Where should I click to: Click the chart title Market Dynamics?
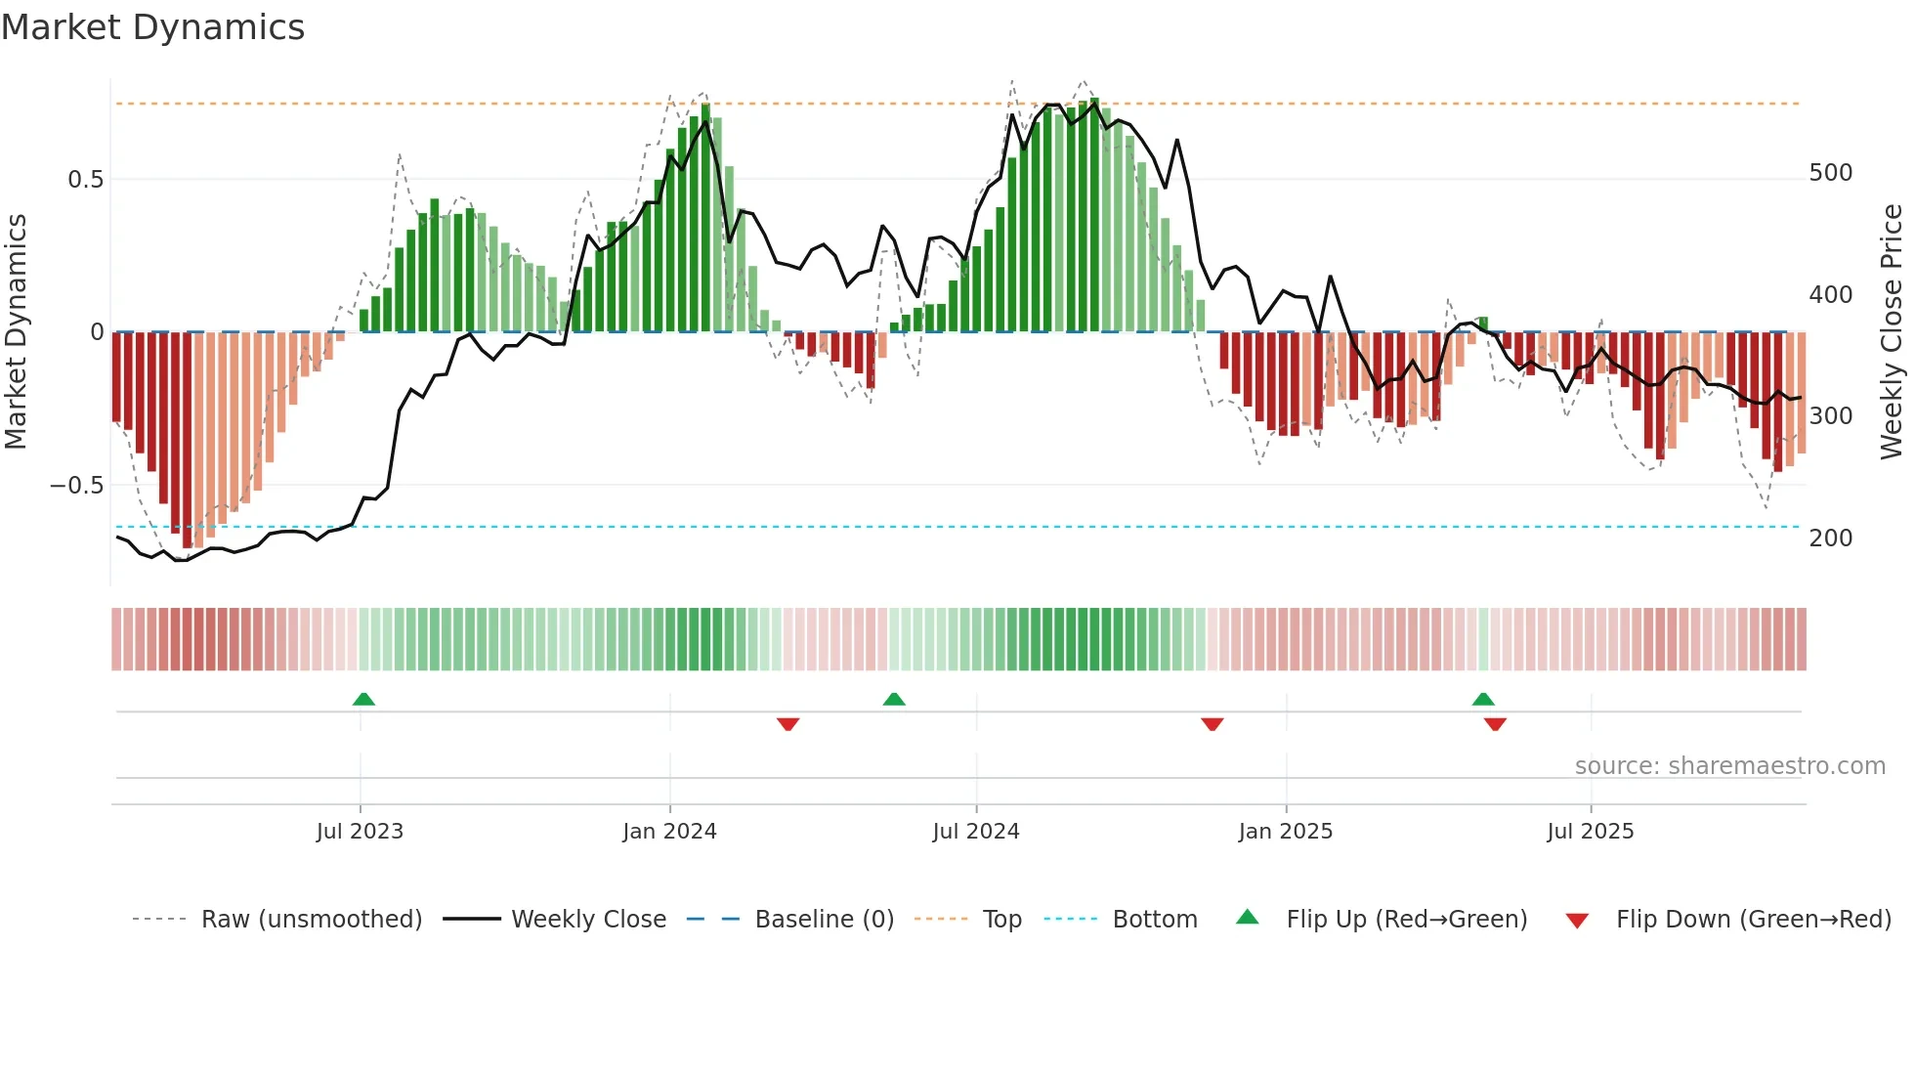tap(152, 27)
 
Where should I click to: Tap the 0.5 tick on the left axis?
tap(85, 180)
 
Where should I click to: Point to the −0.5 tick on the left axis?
tap(76, 486)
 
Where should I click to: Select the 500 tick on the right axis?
tap(1830, 173)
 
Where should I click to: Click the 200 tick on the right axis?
tap(1830, 538)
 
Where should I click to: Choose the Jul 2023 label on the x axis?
tap(360, 832)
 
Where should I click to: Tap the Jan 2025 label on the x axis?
tap(1285, 832)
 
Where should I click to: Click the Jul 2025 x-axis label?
tap(1590, 832)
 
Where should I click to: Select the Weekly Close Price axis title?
tap(1892, 332)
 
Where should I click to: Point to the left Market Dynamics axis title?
tap(16, 332)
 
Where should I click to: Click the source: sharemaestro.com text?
tap(1729, 766)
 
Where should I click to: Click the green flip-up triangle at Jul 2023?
tap(363, 699)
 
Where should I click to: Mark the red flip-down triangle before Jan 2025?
tap(1213, 724)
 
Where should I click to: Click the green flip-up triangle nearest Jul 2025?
tap(1483, 699)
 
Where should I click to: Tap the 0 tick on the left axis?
tap(97, 332)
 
